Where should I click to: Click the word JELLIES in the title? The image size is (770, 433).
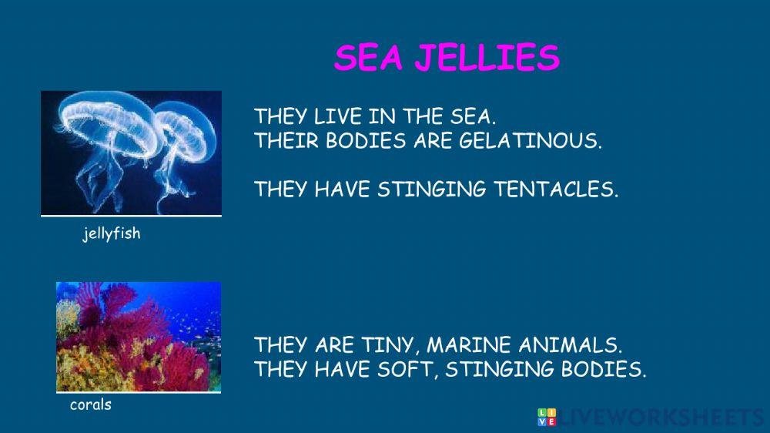click(x=487, y=58)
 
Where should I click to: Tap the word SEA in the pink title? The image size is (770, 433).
click(x=369, y=58)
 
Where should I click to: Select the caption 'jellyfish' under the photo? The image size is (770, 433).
click(x=112, y=233)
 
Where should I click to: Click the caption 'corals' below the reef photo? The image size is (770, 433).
click(x=91, y=404)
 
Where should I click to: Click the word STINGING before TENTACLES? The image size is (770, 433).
click(x=426, y=190)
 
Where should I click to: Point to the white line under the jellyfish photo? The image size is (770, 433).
click(x=131, y=216)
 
